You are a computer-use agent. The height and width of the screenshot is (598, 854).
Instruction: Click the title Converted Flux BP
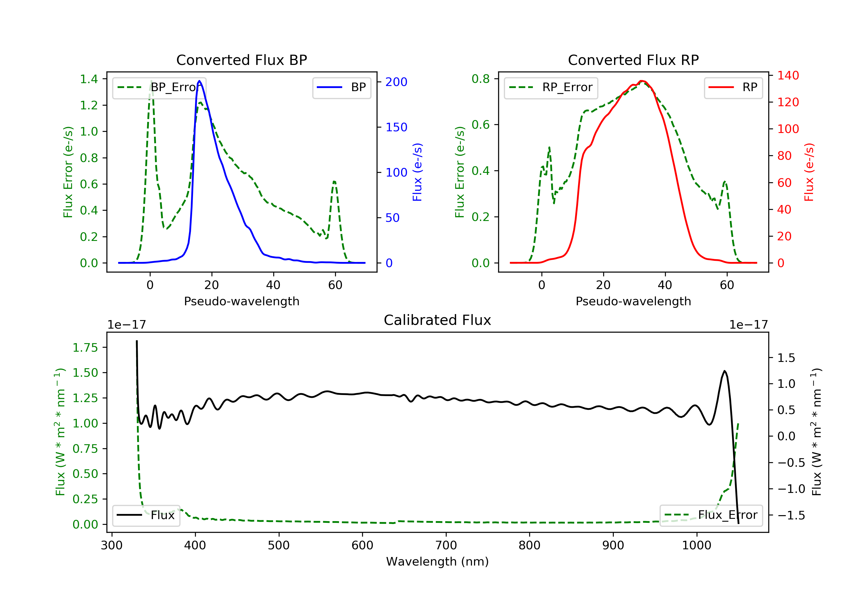click(241, 60)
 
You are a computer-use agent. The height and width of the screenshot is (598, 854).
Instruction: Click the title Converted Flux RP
click(633, 60)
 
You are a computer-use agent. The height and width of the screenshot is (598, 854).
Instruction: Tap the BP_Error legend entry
click(159, 87)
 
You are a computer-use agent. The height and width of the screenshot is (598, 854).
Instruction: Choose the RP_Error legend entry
click(551, 87)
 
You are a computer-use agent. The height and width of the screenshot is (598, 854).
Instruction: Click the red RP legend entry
click(733, 87)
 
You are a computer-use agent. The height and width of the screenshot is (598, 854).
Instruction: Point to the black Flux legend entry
click(146, 515)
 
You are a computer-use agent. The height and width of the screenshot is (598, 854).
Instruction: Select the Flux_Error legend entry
click(711, 515)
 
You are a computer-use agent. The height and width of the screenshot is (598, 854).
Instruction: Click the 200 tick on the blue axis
click(396, 82)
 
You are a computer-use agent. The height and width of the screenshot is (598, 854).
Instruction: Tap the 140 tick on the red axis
click(788, 75)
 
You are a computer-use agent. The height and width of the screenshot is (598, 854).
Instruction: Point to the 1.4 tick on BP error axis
click(89, 79)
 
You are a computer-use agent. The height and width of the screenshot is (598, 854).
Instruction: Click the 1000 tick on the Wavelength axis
click(696, 546)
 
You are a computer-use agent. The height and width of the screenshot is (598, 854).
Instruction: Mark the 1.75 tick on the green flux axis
click(85, 348)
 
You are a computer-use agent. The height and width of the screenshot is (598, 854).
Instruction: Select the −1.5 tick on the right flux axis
click(791, 515)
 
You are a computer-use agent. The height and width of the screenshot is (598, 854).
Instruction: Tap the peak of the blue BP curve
click(199, 81)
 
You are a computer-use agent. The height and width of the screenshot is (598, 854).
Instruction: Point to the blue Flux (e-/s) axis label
click(417, 172)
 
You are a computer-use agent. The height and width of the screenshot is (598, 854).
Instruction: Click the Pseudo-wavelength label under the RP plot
click(633, 301)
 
